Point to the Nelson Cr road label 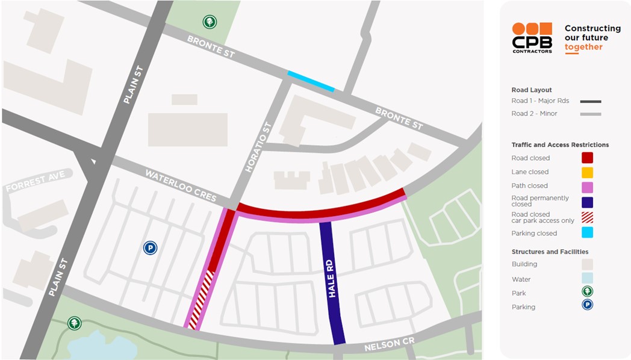point(390,345)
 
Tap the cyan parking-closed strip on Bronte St point(311,82)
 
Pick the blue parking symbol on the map point(150,247)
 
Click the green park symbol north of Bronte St point(210,22)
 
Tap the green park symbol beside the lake point(74,323)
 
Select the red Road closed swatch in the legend point(587,158)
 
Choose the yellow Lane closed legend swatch point(587,172)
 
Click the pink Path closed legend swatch point(587,186)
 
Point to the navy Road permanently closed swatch point(587,202)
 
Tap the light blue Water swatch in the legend point(587,279)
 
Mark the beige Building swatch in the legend point(587,264)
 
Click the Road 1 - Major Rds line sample point(590,102)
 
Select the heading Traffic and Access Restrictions point(560,145)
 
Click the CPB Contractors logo point(532,38)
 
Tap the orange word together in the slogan point(583,47)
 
